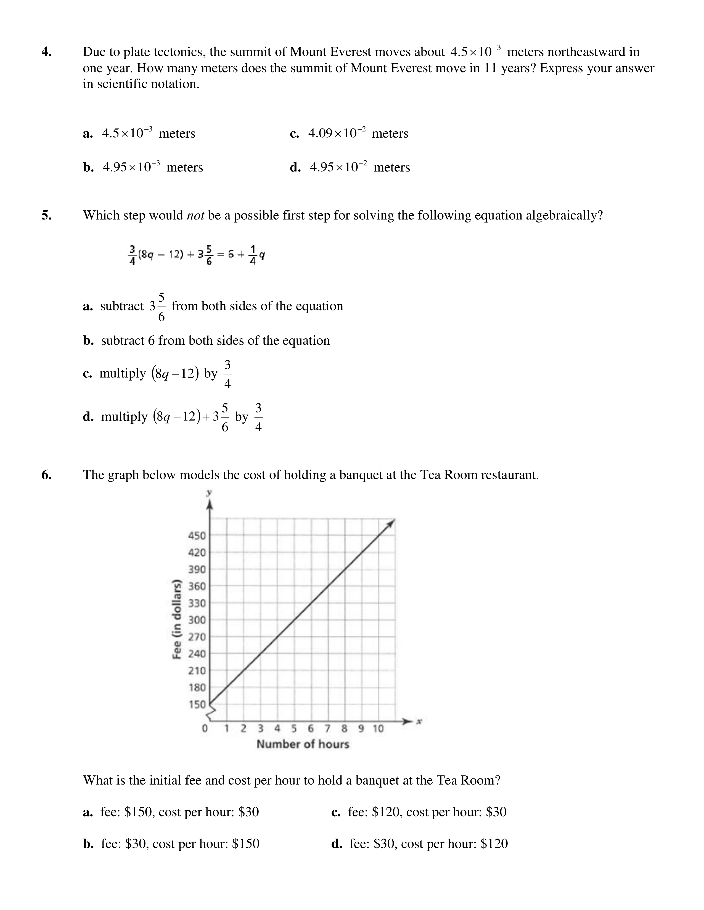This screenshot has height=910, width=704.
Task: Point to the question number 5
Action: (x=46, y=215)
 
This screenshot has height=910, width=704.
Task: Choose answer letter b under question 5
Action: (x=88, y=341)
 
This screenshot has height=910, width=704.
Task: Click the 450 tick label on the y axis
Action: (x=197, y=536)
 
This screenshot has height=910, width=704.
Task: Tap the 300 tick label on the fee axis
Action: (x=197, y=620)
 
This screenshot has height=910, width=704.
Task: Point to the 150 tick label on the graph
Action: (x=197, y=705)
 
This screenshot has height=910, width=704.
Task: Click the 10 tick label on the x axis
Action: (x=378, y=729)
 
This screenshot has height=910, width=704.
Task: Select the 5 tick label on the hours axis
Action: (x=294, y=729)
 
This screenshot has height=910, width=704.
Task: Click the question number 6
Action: (x=46, y=475)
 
